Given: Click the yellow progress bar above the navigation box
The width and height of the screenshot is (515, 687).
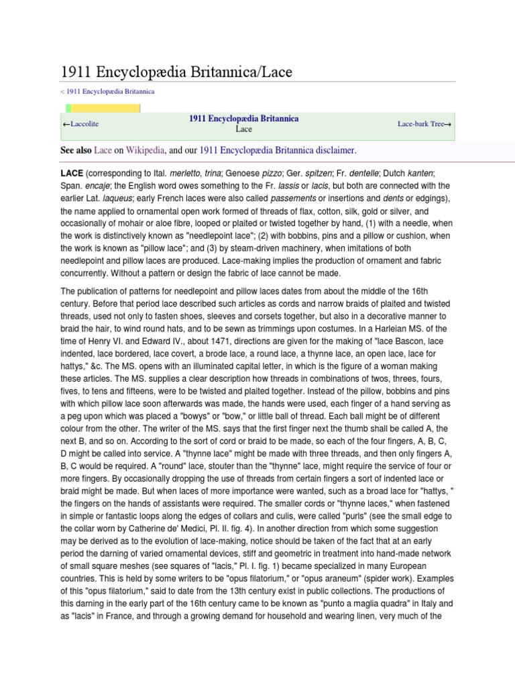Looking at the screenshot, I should [104, 109].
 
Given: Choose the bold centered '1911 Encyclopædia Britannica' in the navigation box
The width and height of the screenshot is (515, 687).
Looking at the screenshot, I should [244, 118].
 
